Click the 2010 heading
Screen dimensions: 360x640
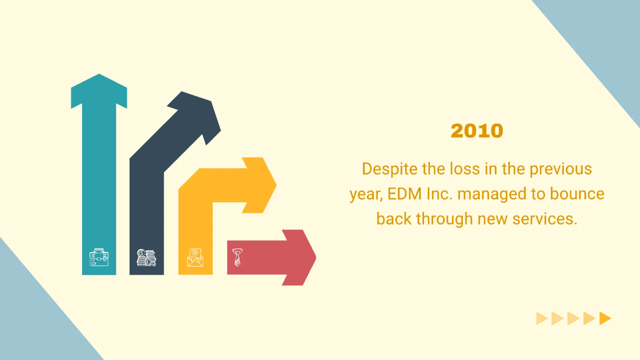click(477, 131)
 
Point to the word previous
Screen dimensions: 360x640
click(561, 169)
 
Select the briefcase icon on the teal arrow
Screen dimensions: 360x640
click(99, 258)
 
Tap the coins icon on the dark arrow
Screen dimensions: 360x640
click(146, 258)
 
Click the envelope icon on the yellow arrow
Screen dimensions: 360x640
click(195, 258)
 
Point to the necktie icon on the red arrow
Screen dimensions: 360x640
click(238, 256)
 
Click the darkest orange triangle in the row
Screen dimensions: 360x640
click(605, 318)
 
